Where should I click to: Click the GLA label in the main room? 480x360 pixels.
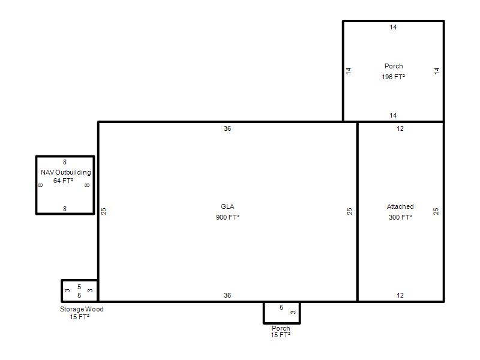click(227, 206)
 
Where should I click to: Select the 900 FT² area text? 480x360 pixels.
click(227, 217)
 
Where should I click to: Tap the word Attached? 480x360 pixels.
click(400, 206)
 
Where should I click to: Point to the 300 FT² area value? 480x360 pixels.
click(400, 217)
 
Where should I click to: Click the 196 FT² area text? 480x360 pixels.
click(394, 77)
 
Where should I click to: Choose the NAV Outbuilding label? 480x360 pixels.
click(66, 172)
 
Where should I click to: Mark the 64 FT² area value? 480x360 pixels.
click(63, 181)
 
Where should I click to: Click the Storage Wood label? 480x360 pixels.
click(82, 309)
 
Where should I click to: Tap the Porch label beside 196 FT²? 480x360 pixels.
click(394, 66)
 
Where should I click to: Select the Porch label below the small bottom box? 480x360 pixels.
click(281, 328)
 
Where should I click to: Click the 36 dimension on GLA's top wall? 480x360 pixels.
click(227, 128)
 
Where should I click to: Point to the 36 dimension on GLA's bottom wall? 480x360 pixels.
click(227, 295)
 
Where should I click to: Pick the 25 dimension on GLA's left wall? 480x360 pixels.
click(104, 211)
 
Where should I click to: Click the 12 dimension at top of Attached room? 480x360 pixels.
click(400, 128)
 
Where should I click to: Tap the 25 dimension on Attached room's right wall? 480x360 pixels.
click(436, 211)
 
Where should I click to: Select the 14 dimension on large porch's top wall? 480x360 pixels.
click(393, 27)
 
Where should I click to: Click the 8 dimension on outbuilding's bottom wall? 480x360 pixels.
click(65, 209)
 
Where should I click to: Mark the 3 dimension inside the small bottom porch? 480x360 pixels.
click(293, 312)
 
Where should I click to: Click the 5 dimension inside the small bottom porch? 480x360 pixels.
click(281, 307)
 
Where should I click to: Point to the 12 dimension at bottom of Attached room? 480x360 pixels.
click(400, 295)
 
